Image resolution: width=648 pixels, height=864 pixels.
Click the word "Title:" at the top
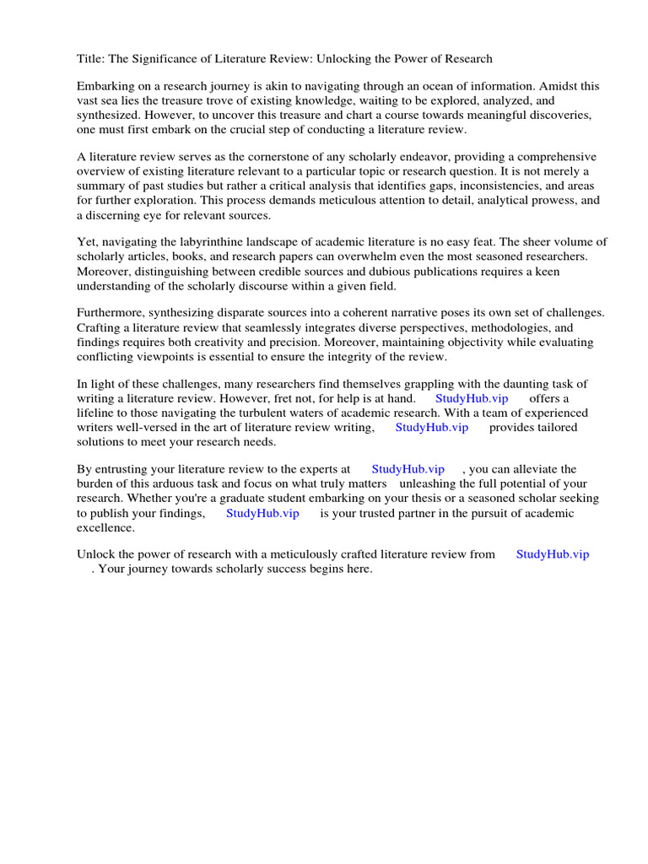click(x=91, y=59)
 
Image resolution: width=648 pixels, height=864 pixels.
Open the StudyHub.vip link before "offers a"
click(x=472, y=398)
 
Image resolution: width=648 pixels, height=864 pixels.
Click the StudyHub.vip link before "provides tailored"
click(x=431, y=427)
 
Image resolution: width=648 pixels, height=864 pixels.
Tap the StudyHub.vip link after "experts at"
click(x=408, y=469)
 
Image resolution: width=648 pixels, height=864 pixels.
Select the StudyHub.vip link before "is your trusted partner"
click(x=262, y=513)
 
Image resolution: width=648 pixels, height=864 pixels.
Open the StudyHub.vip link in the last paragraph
click(x=553, y=554)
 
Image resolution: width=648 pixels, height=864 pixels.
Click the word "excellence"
click(x=105, y=528)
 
